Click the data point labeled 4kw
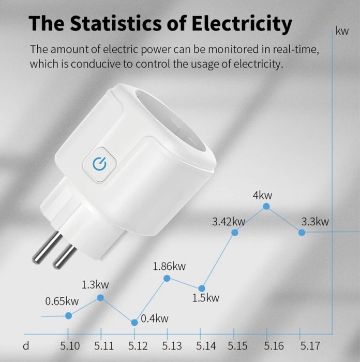tap(266, 206)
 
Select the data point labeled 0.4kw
tap(134, 322)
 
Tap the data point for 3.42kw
tap(234, 233)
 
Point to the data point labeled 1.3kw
tap(100, 298)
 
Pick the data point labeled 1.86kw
tap(167, 278)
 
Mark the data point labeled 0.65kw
tap(68, 315)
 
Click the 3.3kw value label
tap(315, 222)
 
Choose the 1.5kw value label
tap(206, 298)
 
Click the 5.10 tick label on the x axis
tap(70, 345)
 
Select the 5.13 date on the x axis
tap(172, 345)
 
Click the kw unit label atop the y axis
tap(342, 32)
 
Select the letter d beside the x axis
tap(26, 345)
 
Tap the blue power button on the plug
tap(98, 164)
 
